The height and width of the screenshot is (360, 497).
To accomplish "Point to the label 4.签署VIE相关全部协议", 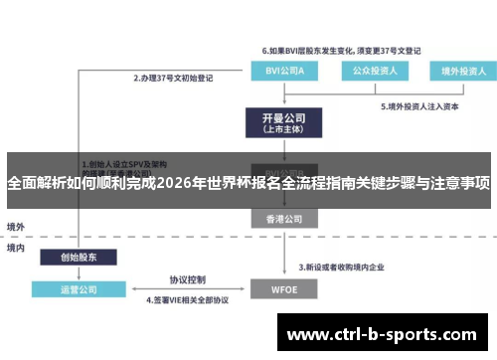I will coord(188,298).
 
